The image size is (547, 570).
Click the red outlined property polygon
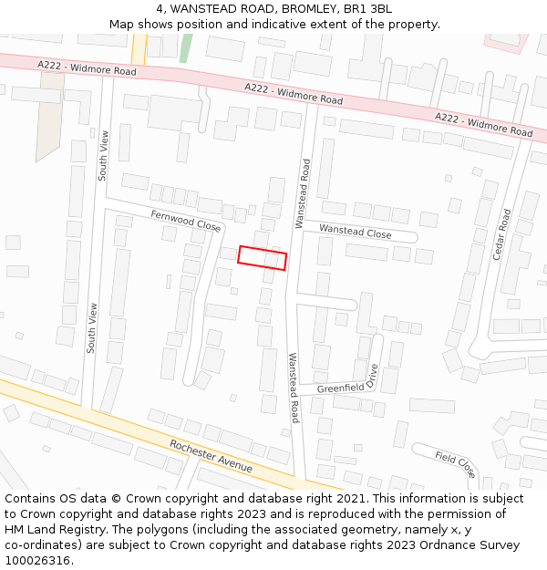(263, 258)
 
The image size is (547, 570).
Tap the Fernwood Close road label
(186, 220)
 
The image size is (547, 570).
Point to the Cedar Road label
(501, 234)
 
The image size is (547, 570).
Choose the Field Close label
(454, 464)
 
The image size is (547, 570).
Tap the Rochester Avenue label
(211, 455)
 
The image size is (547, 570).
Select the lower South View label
(92, 328)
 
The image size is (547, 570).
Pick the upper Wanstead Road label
(302, 193)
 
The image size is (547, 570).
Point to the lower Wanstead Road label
(294, 388)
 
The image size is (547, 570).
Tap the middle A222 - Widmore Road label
(294, 93)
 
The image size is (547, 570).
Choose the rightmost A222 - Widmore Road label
(483, 125)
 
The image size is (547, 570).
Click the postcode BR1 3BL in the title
(370, 8)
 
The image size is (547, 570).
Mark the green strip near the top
(186, 47)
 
